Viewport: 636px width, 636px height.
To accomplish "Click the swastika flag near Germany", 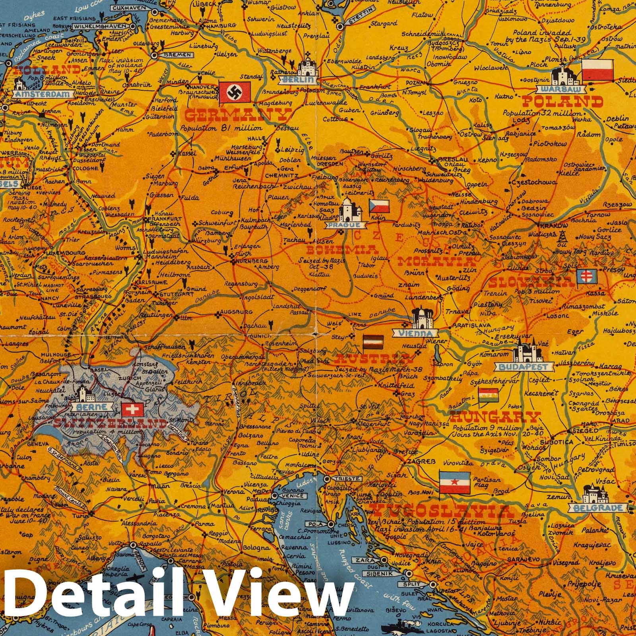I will [x=234, y=92].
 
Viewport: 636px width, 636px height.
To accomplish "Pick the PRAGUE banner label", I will [x=347, y=225].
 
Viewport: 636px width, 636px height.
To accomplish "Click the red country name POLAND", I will [x=562, y=102].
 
